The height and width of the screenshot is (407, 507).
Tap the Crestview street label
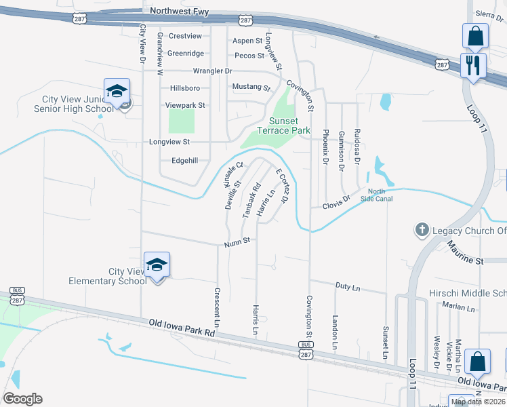pyautogui.click(x=185, y=35)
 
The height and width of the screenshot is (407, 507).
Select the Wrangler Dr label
pyautogui.click(x=212, y=71)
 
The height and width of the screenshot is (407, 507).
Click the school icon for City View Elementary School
pyautogui.click(x=157, y=266)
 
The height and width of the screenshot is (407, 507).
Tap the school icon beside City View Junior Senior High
pyautogui.click(x=117, y=92)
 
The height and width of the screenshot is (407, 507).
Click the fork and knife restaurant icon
pyautogui.click(x=473, y=65)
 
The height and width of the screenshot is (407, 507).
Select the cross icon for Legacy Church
pyautogui.click(x=421, y=229)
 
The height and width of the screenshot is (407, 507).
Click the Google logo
pyautogui.click(x=22, y=399)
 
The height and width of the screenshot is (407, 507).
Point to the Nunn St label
pyautogui.click(x=238, y=240)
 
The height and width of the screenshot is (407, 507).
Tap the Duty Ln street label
pyautogui.click(x=347, y=287)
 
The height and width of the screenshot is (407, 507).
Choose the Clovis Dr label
pyautogui.click(x=336, y=201)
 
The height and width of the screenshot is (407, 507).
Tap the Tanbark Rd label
pyautogui.click(x=251, y=202)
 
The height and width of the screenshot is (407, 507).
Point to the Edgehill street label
pyautogui.click(x=184, y=160)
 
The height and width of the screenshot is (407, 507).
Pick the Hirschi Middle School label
pyautogui.click(x=468, y=293)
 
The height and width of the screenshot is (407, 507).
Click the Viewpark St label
pyautogui.click(x=185, y=106)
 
